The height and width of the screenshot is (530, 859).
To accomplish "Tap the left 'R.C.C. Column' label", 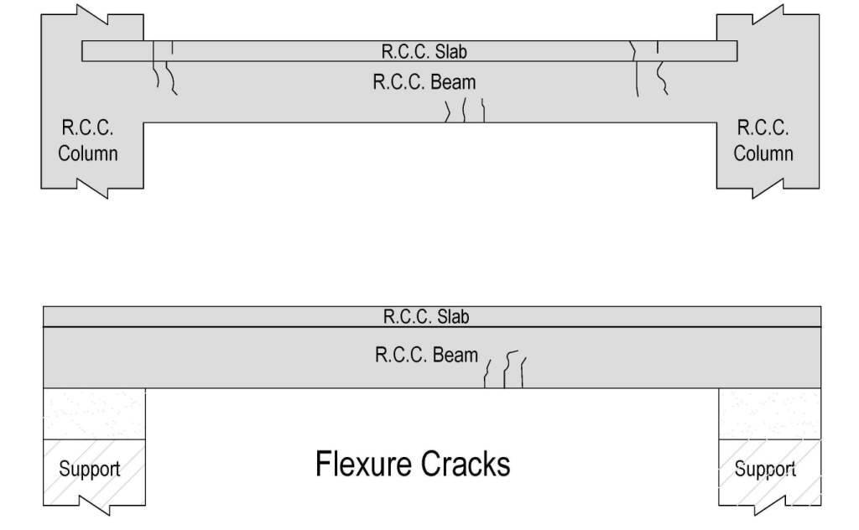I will point(87,141).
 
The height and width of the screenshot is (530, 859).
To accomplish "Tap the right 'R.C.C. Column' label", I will point(763,141).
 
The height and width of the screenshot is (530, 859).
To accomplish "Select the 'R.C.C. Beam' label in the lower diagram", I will point(425,355).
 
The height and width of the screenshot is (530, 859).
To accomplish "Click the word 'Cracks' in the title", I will point(468,464).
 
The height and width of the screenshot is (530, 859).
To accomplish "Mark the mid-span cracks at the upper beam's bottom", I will point(465,111).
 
